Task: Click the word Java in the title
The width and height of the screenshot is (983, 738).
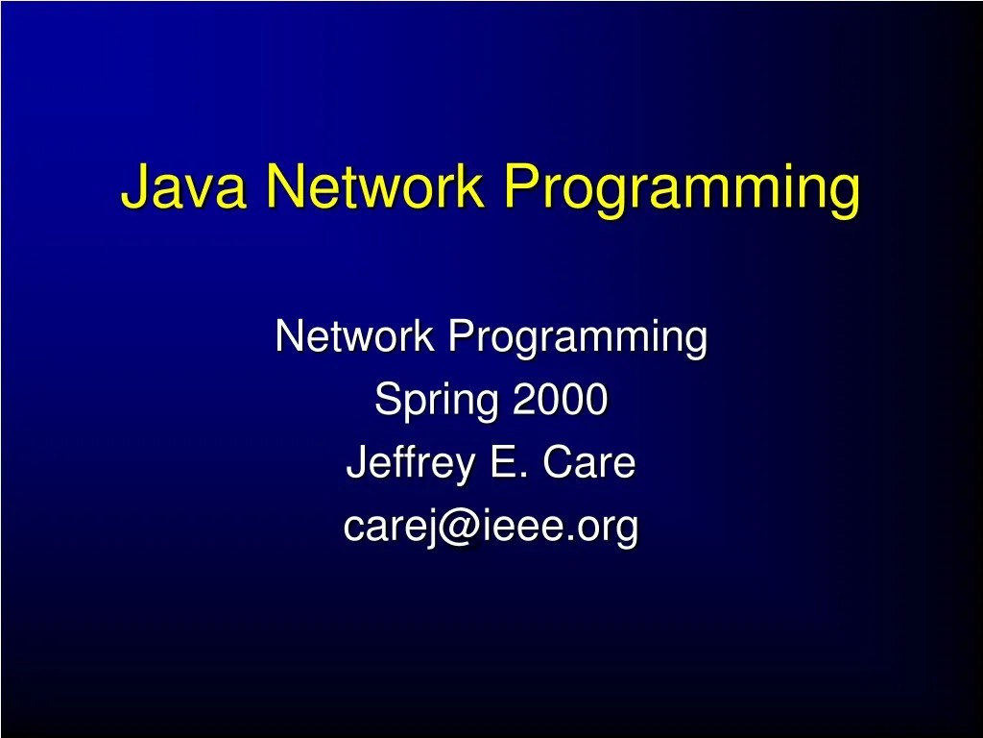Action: pos(182,186)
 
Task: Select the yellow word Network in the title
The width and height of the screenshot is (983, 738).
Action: pos(374,186)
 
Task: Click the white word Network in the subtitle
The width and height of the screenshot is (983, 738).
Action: pos(356,337)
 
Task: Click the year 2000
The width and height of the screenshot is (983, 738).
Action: pos(560,400)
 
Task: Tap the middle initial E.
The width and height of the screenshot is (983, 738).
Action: pos(502,464)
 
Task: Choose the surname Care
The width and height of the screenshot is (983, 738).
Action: pos(588,464)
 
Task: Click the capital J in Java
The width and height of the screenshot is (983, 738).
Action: pos(133,186)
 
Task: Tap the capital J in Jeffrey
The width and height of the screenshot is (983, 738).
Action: pos(355,464)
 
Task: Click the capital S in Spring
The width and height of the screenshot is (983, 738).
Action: pos(385,400)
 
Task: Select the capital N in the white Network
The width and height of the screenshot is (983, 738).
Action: pos(287,337)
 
